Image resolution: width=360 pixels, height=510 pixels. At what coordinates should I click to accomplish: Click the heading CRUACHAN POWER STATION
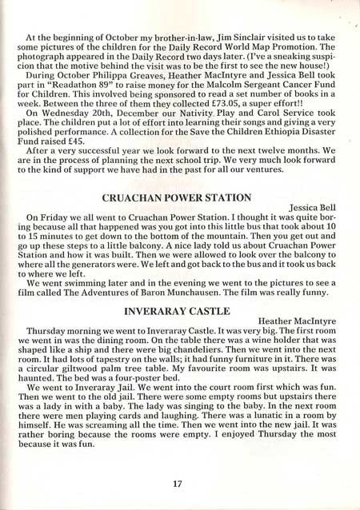(179, 197)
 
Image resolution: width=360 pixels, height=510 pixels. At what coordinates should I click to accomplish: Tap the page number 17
(179, 481)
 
